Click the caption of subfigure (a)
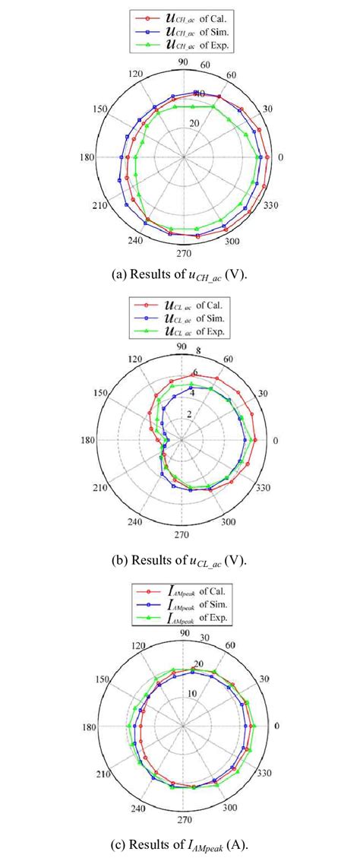[180, 274]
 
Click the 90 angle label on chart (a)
[182, 63]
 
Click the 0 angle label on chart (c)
[276, 726]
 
